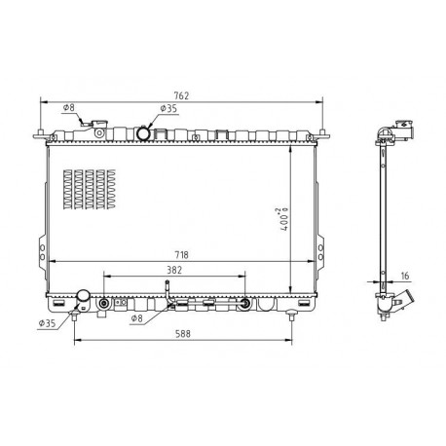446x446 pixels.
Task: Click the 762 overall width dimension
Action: pyautogui.click(x=181, y=95)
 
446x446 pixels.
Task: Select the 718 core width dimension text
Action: pyautogui.click(x=181, y=255)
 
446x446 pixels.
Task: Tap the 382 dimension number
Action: pyautogui.click(x=174, y=270)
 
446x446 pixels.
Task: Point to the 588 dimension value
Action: pyautogui.click(x=183, y=334)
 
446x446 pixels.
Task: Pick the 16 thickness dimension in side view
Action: pyautogui.click(x=405, y=276)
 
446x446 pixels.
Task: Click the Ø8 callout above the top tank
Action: pyautogui.click(x=69, y=108)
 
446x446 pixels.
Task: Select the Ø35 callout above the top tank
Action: pyautogui.click(x=168, y=108)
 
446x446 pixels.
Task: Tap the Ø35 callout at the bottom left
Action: pyautogui.click(x=47, y=323)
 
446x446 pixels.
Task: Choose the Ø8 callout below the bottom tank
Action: pyautogui.click(x=136, y=318)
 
